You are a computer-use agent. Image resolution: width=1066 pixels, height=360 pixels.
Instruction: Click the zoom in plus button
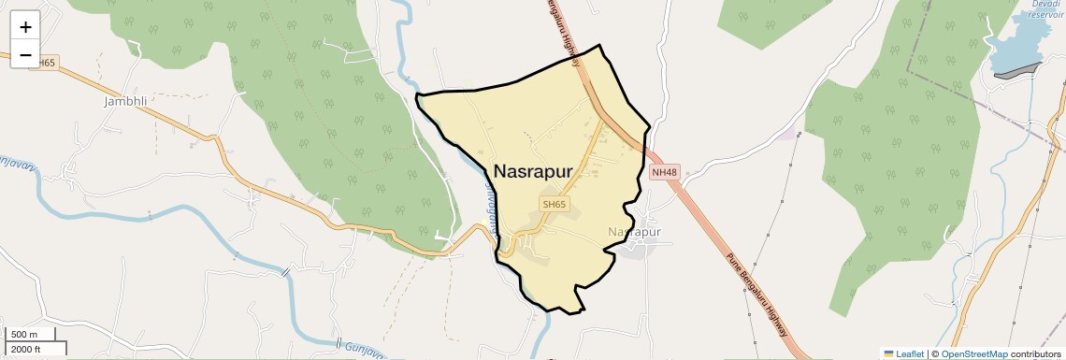[25, 27]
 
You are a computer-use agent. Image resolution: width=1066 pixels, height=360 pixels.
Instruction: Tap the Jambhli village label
[126, 101]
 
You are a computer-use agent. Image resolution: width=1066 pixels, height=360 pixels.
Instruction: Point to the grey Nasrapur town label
[634, 231]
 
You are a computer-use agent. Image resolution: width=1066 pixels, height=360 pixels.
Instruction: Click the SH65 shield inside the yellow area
[554, 204]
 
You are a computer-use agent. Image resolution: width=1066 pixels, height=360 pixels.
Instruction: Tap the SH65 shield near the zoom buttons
[43, 62]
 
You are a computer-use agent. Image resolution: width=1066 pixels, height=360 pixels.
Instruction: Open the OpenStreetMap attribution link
[974, 353]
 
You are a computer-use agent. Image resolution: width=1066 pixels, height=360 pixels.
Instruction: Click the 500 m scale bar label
[24, 335]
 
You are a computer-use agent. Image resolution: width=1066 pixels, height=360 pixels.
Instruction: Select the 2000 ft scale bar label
[25, 349]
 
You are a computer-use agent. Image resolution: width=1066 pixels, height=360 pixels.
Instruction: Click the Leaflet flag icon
[889, 353]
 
